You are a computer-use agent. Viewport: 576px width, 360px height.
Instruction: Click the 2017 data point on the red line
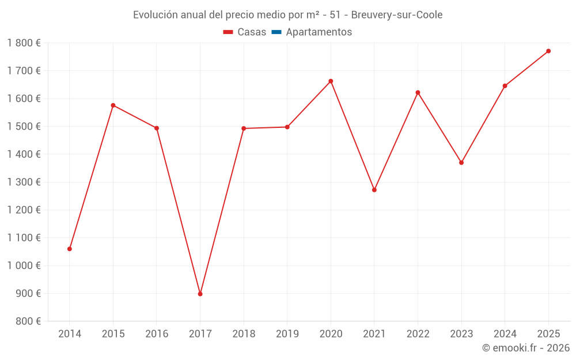200,294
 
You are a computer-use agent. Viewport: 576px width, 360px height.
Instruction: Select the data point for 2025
548,51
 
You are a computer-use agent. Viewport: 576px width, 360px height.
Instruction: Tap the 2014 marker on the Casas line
70,249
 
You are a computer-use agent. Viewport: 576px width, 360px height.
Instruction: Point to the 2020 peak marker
331,81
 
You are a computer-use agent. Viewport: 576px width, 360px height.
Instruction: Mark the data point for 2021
374,190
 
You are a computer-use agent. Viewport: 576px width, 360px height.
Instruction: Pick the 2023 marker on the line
461,162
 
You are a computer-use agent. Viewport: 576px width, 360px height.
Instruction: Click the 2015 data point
113,105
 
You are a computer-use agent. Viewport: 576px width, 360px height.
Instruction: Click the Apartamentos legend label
319,32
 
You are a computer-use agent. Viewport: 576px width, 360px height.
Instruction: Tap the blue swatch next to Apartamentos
276,32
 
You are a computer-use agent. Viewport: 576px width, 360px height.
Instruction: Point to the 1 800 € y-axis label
24,43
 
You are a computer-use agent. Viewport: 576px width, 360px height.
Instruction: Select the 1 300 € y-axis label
24,182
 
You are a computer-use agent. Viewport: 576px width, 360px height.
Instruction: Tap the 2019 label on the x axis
287,334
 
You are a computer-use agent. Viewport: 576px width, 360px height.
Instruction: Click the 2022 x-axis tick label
418,334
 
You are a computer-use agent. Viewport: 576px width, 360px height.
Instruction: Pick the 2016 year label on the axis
157,334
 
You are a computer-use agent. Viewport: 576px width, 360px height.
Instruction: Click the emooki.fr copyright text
526,348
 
